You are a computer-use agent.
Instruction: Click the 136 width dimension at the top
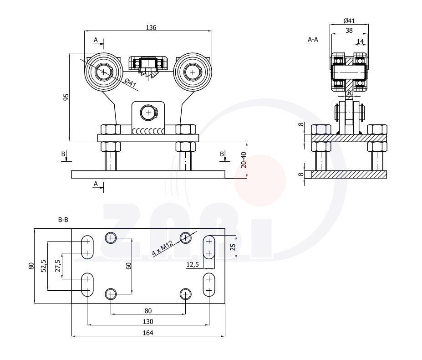point(151,27)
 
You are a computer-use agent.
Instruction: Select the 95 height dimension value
point(66,97)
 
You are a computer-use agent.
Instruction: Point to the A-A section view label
point(313,40)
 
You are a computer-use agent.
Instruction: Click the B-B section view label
point(63,220)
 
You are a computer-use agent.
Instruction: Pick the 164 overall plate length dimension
point(148,333)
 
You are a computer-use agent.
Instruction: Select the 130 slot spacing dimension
point(148,321)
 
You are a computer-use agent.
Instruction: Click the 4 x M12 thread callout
point(163,247)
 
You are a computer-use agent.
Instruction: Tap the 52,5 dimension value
point(44,266)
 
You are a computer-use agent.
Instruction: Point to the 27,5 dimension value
point(57,266)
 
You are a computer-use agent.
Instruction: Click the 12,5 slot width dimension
point(193,264)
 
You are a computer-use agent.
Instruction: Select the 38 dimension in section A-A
point(349,31)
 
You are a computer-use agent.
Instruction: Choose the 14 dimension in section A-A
point(360,41)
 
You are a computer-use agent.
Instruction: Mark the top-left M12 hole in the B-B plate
point(111,237)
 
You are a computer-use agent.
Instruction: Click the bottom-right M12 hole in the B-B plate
point(185,294)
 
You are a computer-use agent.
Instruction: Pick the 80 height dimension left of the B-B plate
point(31,266)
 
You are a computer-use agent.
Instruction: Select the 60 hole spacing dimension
point(129,266)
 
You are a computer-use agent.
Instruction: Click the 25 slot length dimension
point(233,247)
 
